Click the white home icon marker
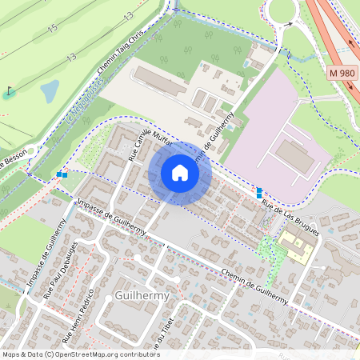[x=180, y=173]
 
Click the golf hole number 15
[x=53, y=28]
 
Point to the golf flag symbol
[x=9, y=90]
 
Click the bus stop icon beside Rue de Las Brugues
[x=258, y=192]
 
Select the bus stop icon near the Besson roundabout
[x=62, y=173]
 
